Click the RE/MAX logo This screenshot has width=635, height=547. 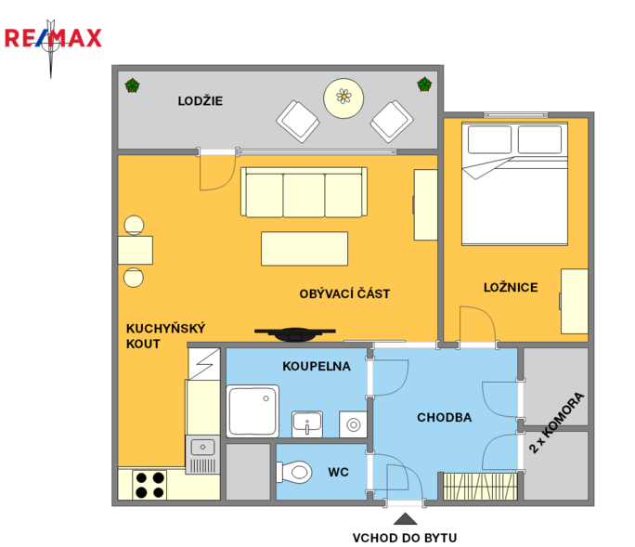tap(53, 38)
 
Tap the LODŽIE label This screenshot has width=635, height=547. tap(200, 101)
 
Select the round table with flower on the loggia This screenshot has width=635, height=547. tap(343, 98)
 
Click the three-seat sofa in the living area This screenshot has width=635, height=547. tap(305, 192)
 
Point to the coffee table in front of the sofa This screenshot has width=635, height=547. tap(305, 248)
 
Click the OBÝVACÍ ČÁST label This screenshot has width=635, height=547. tap(344, 293)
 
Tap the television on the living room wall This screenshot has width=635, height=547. tap(295, 334)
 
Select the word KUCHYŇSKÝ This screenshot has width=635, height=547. tap(165, 328)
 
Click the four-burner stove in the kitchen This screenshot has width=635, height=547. tap(149, 485)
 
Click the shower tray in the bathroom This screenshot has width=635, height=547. tap(253, 410)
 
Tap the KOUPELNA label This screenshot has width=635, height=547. tap(317, 366)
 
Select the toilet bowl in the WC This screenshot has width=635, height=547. tap(294, 472)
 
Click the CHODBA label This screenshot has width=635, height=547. tap(445, 417)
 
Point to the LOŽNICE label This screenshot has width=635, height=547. tap(511, 287)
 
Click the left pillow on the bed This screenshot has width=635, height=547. tap(489, 139)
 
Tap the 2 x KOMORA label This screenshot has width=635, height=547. tap(557, 423)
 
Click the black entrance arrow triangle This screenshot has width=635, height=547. tap(405, 519)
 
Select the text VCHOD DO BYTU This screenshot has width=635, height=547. tap(405, 538)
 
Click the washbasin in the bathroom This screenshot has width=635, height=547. tap(307, 423)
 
